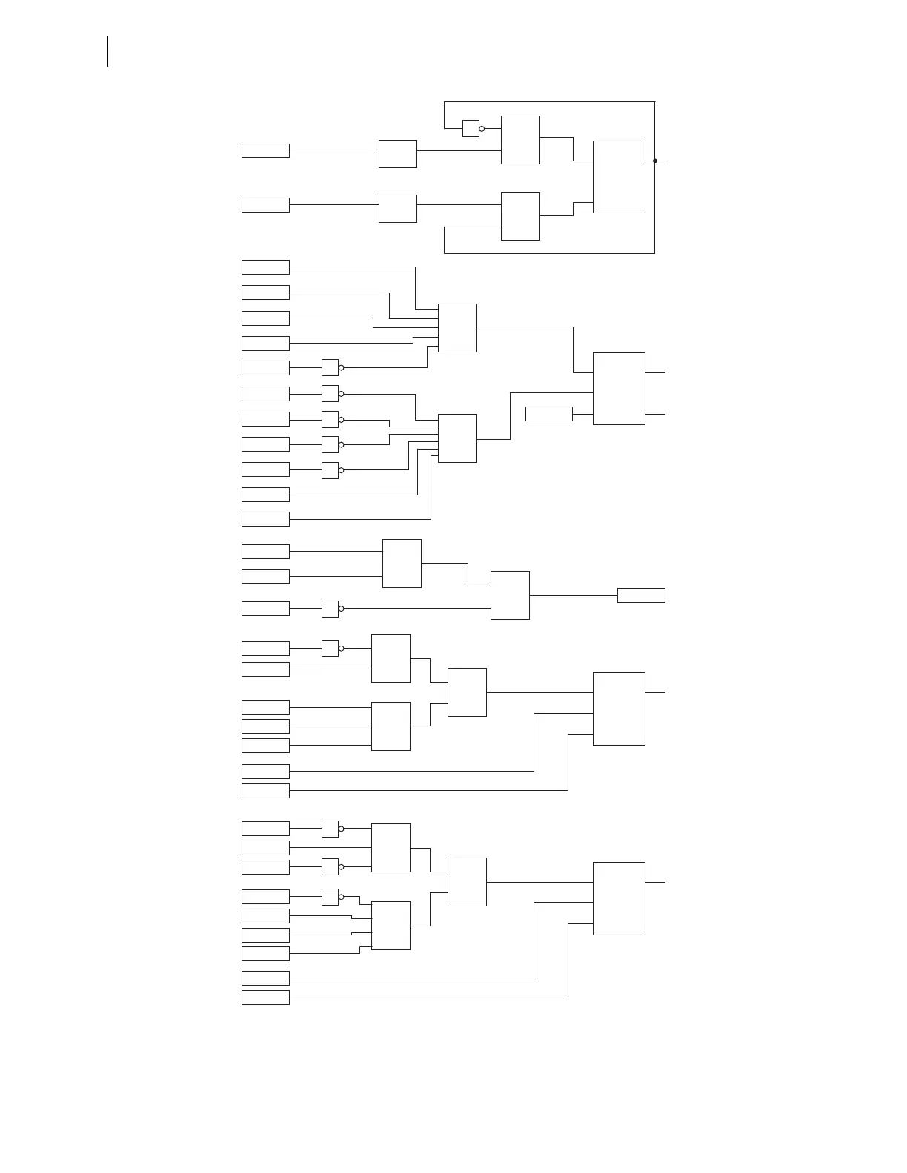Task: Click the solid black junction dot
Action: click(655, 161)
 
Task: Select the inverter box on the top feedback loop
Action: click(471, 128)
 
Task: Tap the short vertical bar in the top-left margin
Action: click(107, 51)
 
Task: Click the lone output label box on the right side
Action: click(641, 595)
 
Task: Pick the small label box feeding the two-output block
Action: click(549, 414)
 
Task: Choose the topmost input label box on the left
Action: click(265, 150)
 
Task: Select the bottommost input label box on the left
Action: click(265, 997)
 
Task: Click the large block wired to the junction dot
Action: click(619, 177)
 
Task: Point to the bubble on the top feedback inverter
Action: click(482, 129)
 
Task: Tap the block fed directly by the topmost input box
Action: click(398, 154)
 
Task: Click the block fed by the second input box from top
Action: click(398, 209)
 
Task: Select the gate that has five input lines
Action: click(457, 328)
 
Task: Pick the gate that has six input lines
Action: click(457, 438)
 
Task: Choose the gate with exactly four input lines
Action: click(391, 926)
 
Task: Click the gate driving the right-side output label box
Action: click(510, 595)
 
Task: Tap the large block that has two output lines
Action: click(619, 389)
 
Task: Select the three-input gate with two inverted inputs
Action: click(391, 848)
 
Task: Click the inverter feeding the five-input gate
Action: click(330, 367)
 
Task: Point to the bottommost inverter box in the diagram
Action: click(330, 897)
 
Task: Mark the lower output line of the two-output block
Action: click(656, 415)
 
